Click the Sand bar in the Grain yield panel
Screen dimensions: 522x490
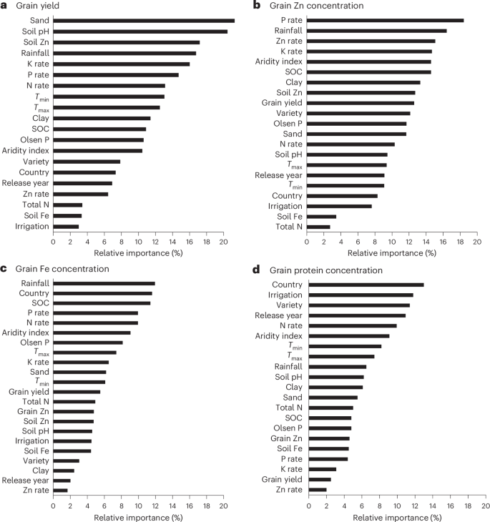[x=143, y=21]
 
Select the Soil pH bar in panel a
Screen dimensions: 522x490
[x=139, y=31]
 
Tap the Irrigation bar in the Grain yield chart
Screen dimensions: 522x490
[x=66, y=227]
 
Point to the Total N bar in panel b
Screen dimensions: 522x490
[x=318, y=227]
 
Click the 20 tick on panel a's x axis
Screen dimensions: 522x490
[x=224, y=242]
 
